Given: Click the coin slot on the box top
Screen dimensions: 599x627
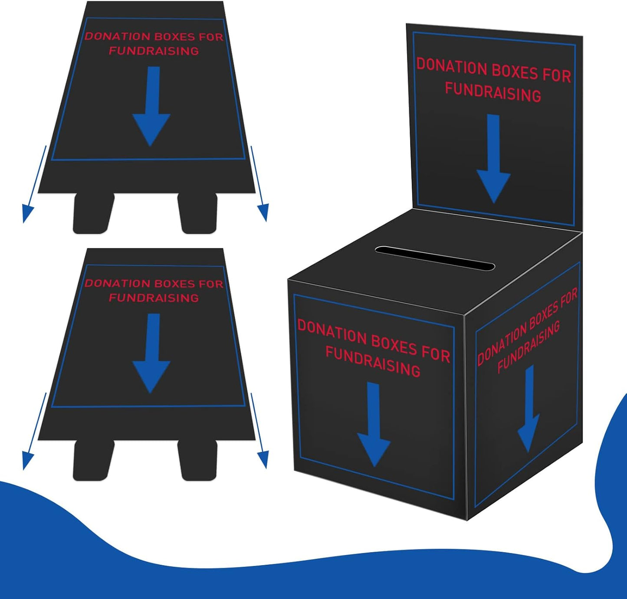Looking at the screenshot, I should (x=435, y=258).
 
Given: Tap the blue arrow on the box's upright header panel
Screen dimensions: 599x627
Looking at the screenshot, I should (x=493, y=160).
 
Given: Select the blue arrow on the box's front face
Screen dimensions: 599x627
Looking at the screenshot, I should (x=374, y=425).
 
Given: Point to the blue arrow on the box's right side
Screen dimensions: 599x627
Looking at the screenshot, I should (x=529, y=410).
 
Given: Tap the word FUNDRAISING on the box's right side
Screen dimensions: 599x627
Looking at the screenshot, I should (x=529, y=347).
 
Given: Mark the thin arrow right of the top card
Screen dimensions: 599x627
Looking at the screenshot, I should (x=259, y=184).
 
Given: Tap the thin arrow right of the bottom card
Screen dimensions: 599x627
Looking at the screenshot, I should (x=259, y=431).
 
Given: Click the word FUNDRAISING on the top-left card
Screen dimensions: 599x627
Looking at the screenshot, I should (x=154, y=51).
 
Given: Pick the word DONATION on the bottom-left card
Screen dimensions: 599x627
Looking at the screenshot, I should (x=117, y=283).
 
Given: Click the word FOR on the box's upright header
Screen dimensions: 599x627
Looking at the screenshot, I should (x=557, y=75).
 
